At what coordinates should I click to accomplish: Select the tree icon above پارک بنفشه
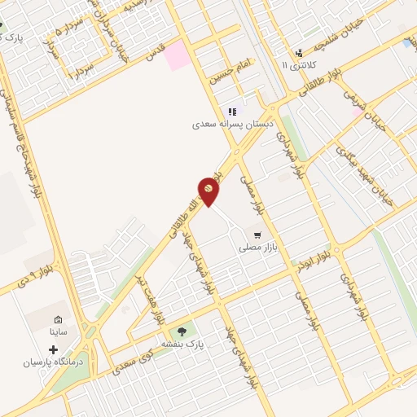tap(182, 331)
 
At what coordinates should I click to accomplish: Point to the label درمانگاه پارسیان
tap(54, 360)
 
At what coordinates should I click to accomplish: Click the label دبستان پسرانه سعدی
tap(231, 125)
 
